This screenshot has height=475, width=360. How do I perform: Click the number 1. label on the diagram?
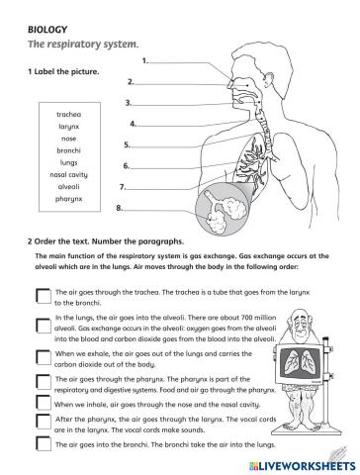coord(145,61)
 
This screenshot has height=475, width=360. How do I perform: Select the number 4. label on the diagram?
coord(133,125)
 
